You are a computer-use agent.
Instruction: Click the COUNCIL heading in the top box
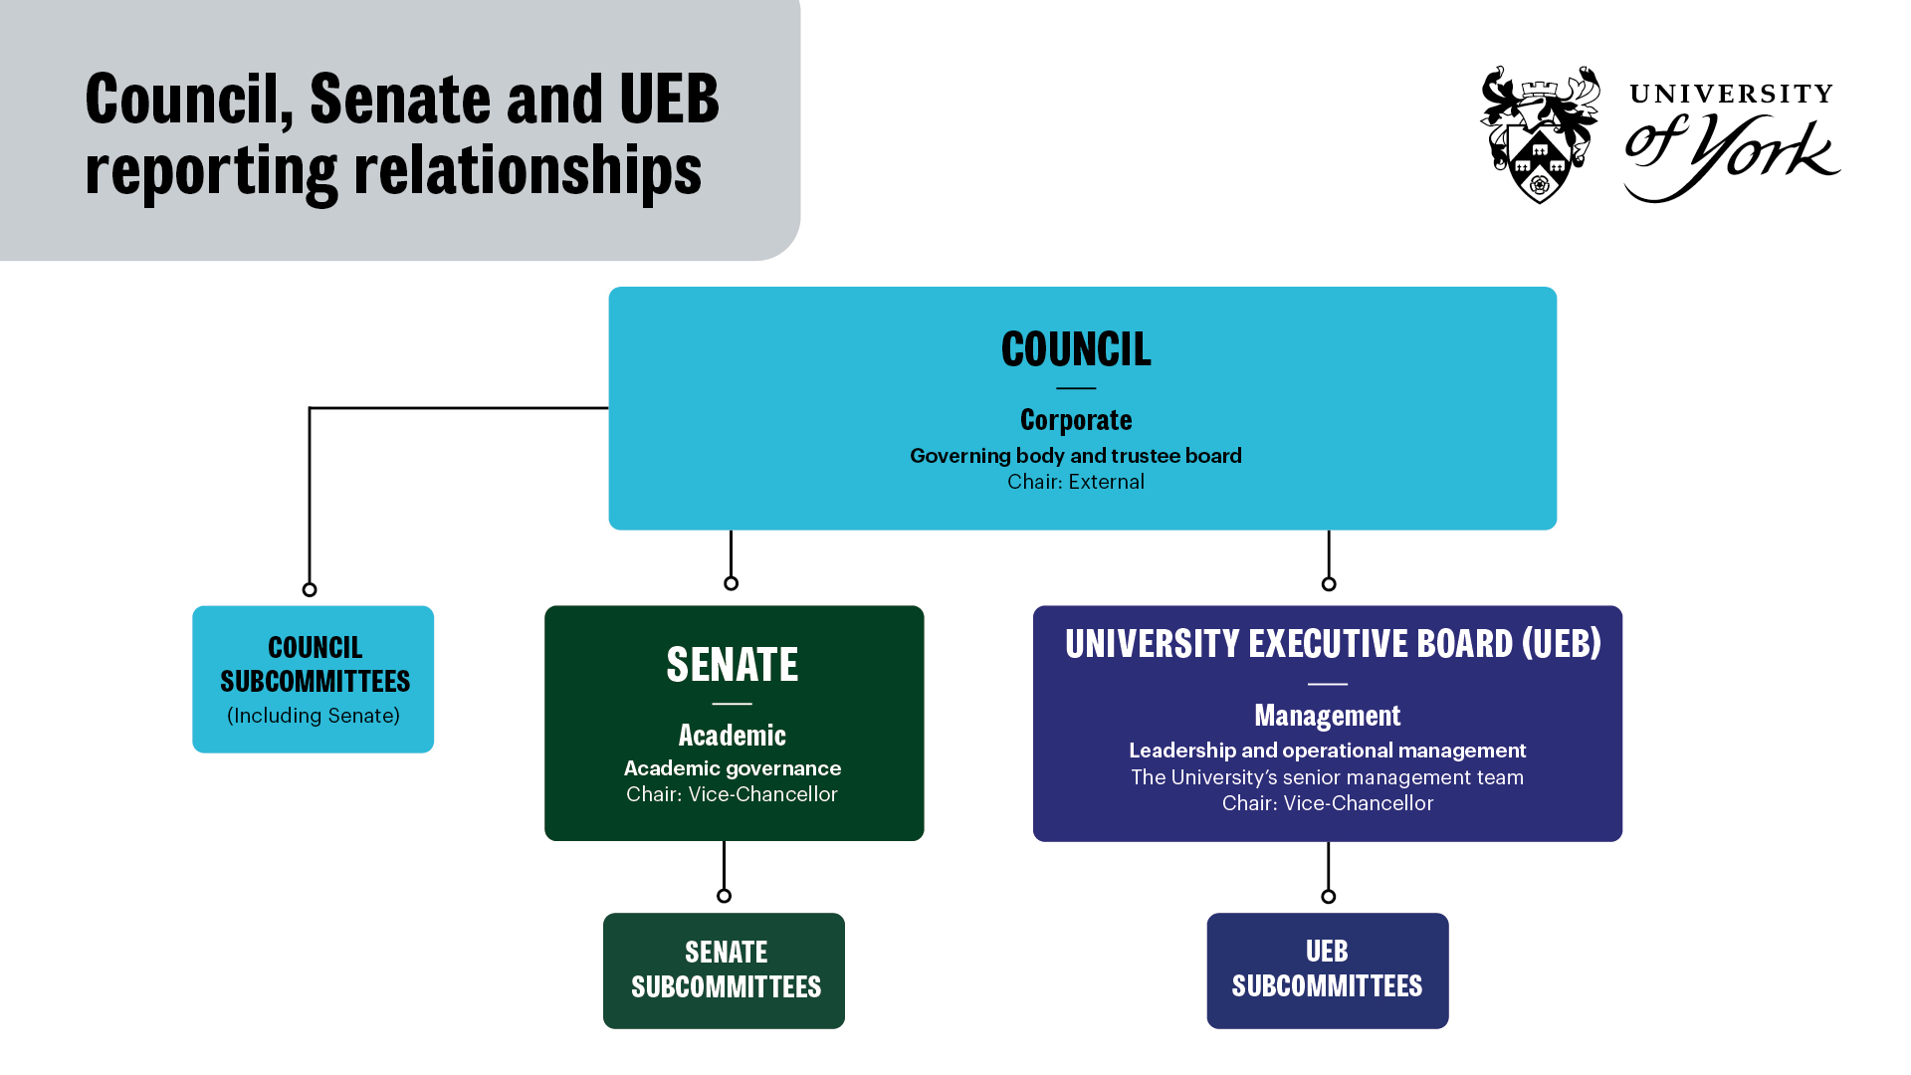click(x=1076, y=349)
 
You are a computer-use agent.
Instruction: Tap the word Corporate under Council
click(x=1076, y=420)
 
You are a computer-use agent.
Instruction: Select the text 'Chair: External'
click(x=1076, y=482)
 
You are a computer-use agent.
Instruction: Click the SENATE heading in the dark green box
click(x=733, y=665)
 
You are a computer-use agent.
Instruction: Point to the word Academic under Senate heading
click(x=733, y=736)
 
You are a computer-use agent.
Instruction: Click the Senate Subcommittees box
click(x=725, y=970)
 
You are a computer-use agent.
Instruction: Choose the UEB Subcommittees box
click(x=1327, y=970)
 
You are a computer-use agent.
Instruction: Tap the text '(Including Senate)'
click(x=314, y=716)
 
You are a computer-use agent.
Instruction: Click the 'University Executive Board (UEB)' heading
click(x=1333, y=644)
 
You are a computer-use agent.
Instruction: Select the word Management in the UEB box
click(x=1327, y=716)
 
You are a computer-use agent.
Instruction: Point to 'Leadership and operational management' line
click(x=1327, y=751)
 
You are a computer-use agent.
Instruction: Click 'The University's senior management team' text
click(x=1327, y=777)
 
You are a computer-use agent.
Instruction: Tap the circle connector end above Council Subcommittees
click(x=310, y=589)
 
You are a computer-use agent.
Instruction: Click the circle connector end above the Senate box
click(x=732, y=583)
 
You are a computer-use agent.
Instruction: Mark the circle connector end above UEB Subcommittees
click(x=1328, y=897)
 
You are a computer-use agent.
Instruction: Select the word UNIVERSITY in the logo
click(x=1732, y=95)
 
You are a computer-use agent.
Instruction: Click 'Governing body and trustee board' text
click(x=1076, y=456)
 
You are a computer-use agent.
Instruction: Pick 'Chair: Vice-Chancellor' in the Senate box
click(x=732, y=794)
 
